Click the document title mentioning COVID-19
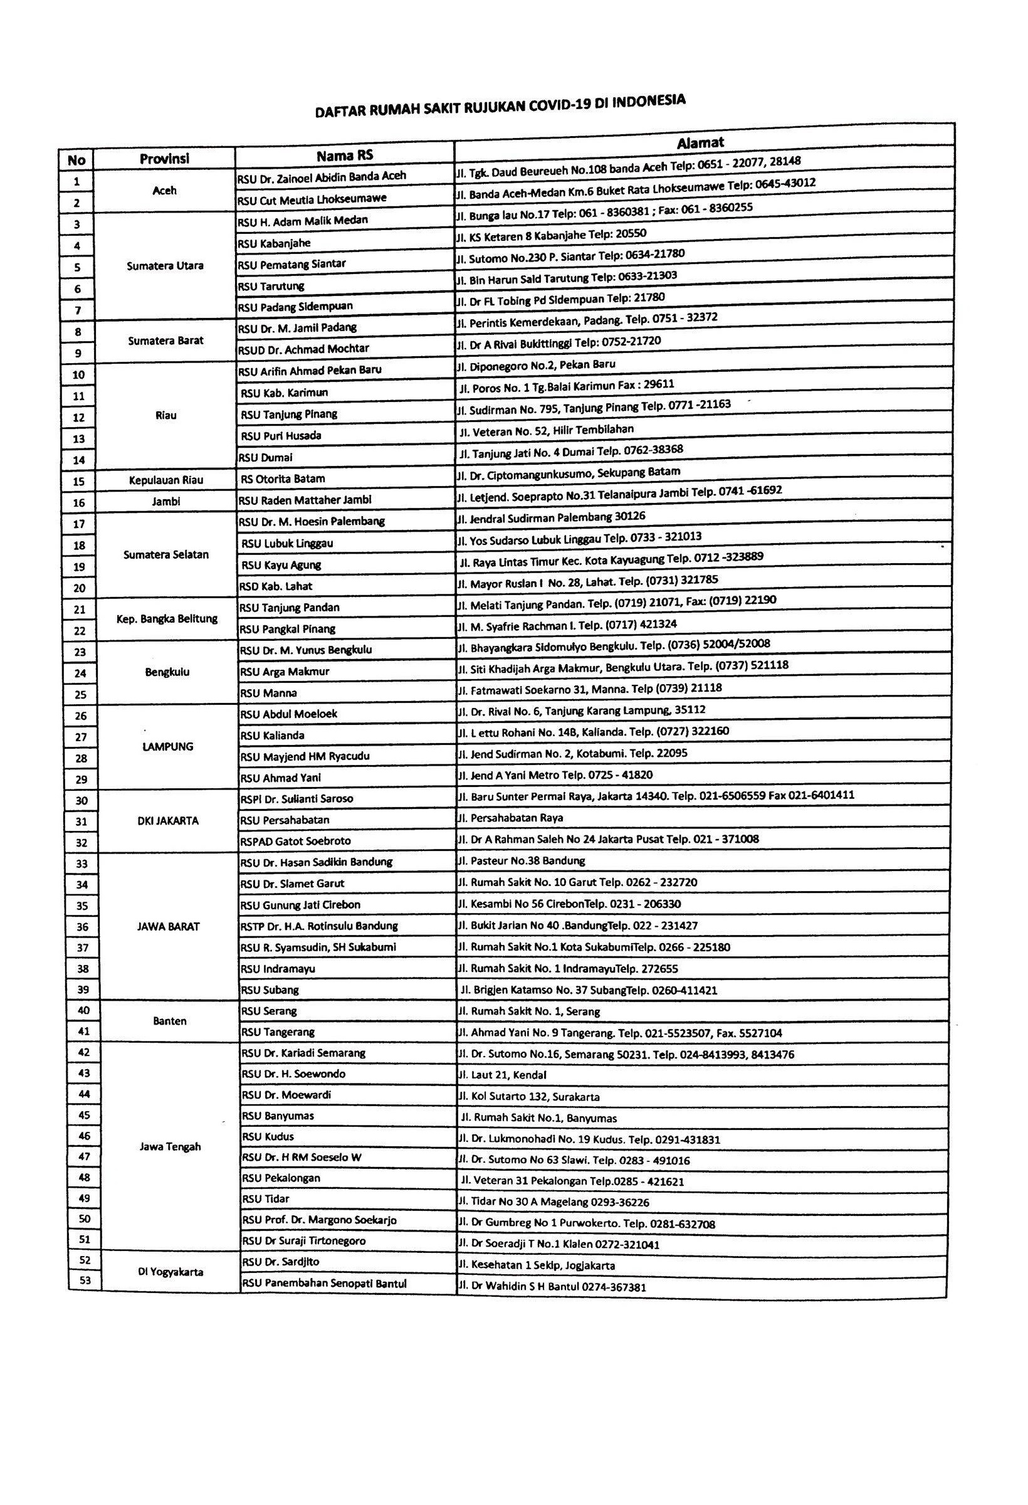point(500,106)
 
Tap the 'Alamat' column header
point(700,142)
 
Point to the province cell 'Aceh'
point(164,191)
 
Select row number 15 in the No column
point(79,481)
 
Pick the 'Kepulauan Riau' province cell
point(166,480)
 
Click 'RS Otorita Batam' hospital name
point(283,478)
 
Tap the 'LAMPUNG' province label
point(167,746)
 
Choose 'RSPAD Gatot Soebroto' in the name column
point(295,840)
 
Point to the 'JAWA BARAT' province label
point(169,926)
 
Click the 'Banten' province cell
point(170,1022)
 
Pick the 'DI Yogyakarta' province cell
point(170,1271)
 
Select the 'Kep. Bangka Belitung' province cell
point(167,618)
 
